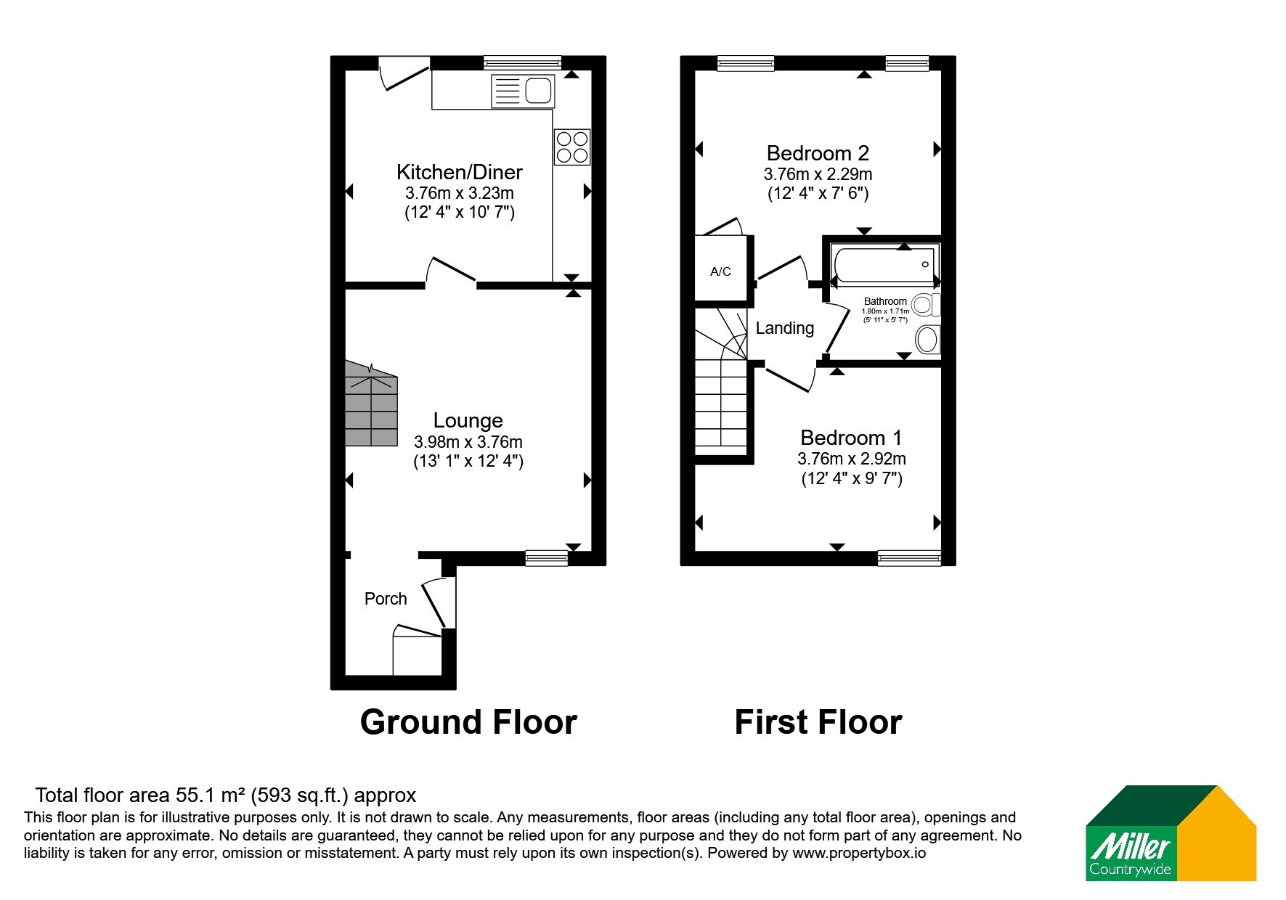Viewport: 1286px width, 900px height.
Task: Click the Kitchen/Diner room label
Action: (460, 172)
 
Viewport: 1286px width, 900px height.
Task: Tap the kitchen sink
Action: (523, 91)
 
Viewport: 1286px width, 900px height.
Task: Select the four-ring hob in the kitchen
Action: (571, 146)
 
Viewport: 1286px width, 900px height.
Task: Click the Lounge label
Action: (468, 420)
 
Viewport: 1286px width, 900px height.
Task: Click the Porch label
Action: (386, 599)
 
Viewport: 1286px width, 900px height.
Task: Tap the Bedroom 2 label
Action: (818, 153)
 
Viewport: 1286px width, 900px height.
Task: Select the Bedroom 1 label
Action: (851, 438)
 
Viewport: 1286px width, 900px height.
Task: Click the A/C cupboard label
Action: (720, 271)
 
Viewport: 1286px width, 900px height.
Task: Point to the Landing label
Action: (785, 328)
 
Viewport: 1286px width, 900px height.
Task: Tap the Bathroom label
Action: (885, 301)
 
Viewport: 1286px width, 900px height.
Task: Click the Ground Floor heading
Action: (468, 722)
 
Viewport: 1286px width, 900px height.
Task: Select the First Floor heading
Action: (818, 722)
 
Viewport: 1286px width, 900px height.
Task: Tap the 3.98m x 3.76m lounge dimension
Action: (468, 442)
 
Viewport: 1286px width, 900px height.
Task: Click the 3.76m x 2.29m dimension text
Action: (818, 174)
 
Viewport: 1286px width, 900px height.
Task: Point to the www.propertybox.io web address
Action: (859, 853)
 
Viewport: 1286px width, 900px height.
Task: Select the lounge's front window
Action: (547, 557)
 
